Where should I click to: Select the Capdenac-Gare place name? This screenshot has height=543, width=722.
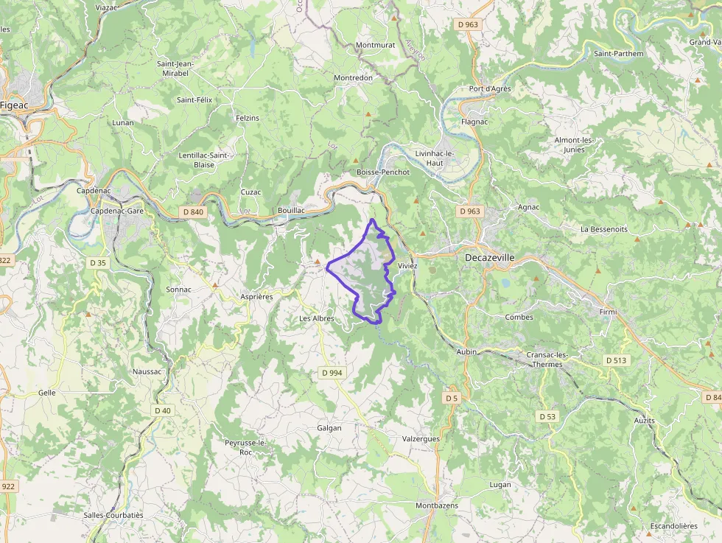116,211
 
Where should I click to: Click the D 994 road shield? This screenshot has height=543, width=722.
332,373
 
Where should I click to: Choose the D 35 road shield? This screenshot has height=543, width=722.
98,262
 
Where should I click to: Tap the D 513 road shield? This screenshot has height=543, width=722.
616,360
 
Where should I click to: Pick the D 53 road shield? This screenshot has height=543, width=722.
547,416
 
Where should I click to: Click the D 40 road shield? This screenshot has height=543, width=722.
162,410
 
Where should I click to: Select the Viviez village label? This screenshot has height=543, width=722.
407,265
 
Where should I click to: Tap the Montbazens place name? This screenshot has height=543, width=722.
437,505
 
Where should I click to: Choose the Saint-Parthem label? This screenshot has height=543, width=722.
618,54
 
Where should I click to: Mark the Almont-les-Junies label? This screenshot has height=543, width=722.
574,144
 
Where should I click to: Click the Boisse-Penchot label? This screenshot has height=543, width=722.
382,172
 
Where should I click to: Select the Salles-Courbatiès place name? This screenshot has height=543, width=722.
113,515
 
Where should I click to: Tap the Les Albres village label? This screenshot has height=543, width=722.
317,318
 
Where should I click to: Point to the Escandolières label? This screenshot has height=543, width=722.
673,526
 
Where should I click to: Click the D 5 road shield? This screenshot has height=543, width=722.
452,398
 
